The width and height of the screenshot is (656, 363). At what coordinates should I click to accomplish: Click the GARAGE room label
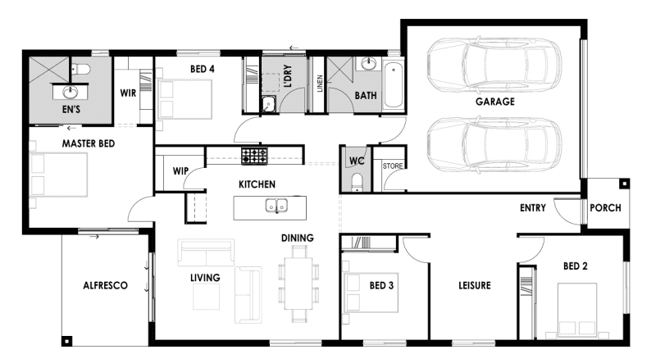pos(495,102)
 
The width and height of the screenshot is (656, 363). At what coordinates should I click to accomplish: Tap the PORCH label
pos(605,208)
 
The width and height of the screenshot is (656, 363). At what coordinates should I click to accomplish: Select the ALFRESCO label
pos(106,286)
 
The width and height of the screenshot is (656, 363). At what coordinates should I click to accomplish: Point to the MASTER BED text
pos(89,144)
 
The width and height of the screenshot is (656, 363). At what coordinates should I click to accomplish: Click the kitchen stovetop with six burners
pos(254,156)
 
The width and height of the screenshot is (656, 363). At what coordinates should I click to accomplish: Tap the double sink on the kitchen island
pos(276,206)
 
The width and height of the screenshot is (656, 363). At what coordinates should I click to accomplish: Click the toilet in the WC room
pos(357,183)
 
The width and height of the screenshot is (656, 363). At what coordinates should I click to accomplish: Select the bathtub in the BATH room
pos(394,85)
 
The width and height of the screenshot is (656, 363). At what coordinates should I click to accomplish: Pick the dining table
pos(298,284)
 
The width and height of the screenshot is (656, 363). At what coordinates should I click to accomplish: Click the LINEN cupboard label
pos(320,84)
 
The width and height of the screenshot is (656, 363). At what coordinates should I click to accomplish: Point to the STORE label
pos(393,166)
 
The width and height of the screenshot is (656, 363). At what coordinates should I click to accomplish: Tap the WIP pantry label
pos(180,171)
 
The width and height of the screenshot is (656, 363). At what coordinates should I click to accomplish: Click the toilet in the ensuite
pos(81,69)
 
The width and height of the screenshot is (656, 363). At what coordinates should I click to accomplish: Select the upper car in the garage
pos(494,66)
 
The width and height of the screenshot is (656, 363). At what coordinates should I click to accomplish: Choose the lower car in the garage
pos(494,144)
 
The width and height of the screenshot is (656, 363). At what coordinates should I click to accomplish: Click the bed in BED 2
pos(577,311)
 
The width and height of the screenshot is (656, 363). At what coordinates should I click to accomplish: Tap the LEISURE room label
pos(475,286)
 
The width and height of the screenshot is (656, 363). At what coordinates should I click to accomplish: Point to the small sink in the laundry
pos(268,104)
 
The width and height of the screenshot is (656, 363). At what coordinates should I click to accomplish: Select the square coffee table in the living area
pos(206,297)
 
